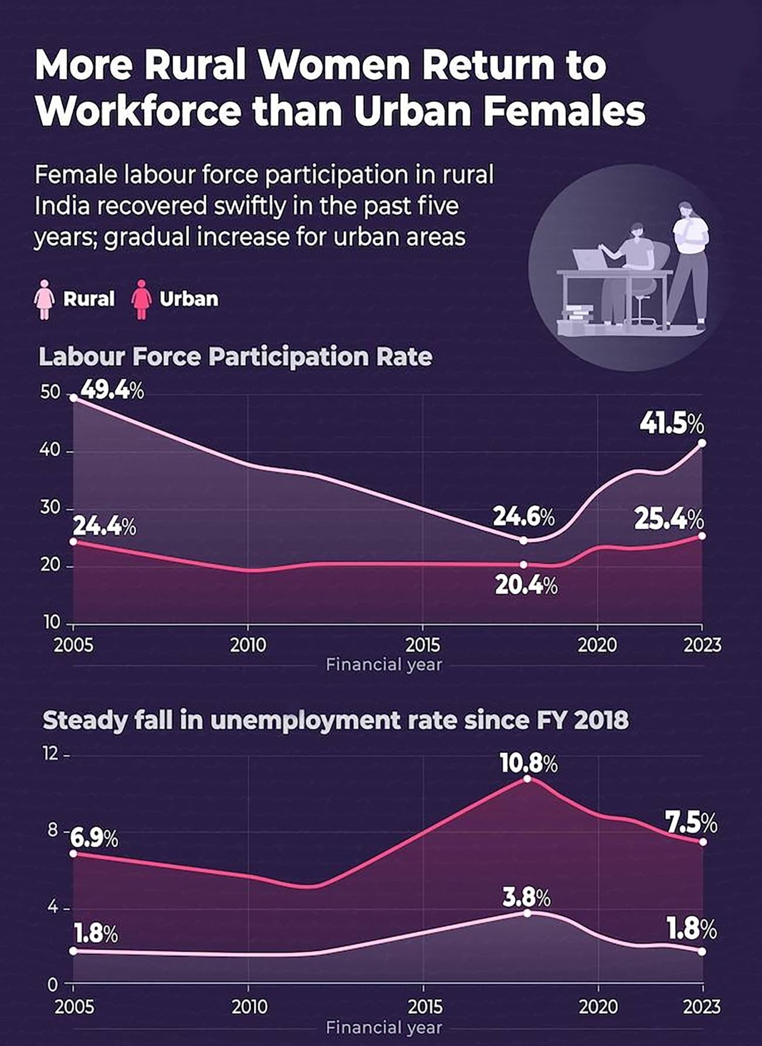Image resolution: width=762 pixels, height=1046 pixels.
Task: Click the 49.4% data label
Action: [111, 390]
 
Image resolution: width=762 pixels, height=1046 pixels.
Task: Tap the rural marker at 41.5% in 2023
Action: [702, 443]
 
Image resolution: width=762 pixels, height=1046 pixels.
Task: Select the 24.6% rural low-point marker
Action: [524, 540]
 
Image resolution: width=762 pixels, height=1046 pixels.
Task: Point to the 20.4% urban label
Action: [526, 586]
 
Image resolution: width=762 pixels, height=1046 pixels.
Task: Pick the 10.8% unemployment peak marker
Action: [527, 779]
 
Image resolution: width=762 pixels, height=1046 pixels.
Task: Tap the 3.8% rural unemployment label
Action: [526, 898]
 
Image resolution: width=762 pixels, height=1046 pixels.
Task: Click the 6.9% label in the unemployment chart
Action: [94, 839]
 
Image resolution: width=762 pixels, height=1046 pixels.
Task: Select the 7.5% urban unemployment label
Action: [691, 824]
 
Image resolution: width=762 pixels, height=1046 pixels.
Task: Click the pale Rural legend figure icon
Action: [45, 299]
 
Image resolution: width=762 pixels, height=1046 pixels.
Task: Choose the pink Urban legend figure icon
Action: [141, 299]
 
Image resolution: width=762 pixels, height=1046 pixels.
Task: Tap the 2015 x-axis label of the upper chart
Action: [422, 646]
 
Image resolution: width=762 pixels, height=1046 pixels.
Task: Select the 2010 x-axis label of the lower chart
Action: [249, 1007]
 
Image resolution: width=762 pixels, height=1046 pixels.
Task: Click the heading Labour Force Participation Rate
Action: [235, 356]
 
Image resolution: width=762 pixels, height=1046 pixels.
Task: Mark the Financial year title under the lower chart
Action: [384, 1027]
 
